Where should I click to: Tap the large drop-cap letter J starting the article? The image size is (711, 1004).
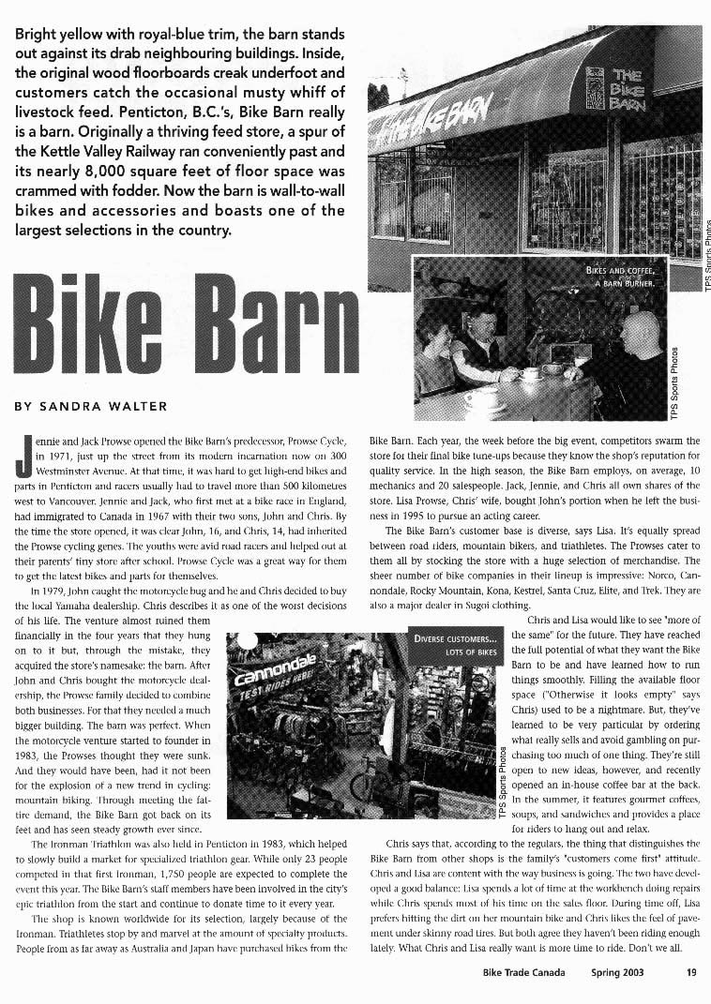(23, 463)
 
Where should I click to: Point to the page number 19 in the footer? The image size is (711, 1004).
(690, 973)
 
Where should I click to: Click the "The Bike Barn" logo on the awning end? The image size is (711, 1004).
(618, 89)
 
